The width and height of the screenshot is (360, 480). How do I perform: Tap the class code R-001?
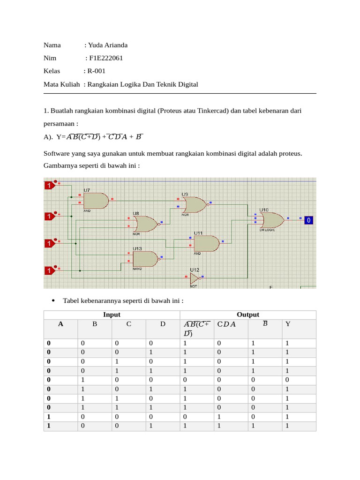97,71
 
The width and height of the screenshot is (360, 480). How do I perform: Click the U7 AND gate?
96,201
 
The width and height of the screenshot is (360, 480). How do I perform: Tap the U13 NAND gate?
145,259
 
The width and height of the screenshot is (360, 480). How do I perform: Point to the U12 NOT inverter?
194,279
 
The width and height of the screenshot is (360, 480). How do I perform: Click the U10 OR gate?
271,219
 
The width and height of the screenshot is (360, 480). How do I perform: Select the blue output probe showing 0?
308,220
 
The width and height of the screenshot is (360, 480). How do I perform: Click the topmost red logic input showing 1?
49,186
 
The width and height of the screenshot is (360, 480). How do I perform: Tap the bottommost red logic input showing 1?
49,270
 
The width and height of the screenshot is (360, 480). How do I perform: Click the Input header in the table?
112,315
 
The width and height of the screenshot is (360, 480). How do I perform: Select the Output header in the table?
247,315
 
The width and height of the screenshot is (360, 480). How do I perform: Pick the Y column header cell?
288,324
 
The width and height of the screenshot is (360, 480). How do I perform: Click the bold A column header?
60,324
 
